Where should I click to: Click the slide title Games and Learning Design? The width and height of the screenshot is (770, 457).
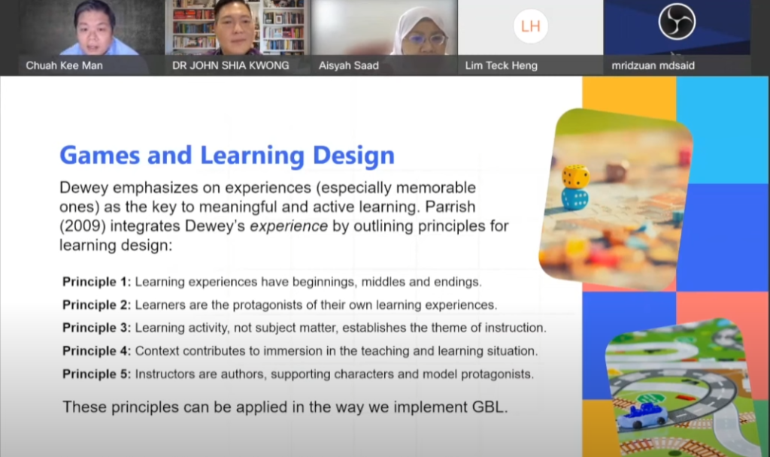click(227, 156)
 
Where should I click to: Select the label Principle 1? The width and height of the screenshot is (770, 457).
click(96, 283)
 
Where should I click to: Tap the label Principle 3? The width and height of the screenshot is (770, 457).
click(96, 328)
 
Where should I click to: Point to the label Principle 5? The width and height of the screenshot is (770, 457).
click(96, 374)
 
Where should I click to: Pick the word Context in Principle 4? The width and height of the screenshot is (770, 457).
click(155, 351)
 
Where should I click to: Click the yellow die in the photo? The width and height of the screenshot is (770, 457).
click(576, 177)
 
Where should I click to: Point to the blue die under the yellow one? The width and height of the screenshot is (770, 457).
click(575, 199)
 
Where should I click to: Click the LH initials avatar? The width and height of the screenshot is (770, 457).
click(530, 26)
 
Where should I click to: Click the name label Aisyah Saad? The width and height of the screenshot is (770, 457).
click(349, 65)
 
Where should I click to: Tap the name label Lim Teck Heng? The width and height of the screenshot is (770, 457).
click(501, 65)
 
